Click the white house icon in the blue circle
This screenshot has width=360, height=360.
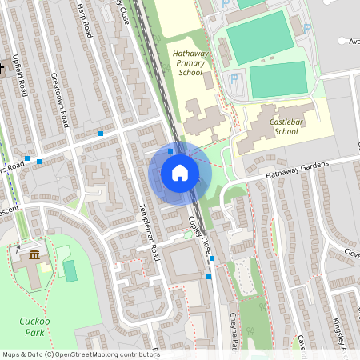(180, 173)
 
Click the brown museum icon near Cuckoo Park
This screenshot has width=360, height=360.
(35, 254)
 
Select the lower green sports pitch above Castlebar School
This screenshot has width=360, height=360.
(278, 79)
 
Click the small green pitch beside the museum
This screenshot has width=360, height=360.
(70, 270)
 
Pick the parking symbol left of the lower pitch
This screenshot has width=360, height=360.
(234, 79)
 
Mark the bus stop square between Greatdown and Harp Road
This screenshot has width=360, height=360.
(101, 133)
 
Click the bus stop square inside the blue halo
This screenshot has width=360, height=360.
(170, 150)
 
